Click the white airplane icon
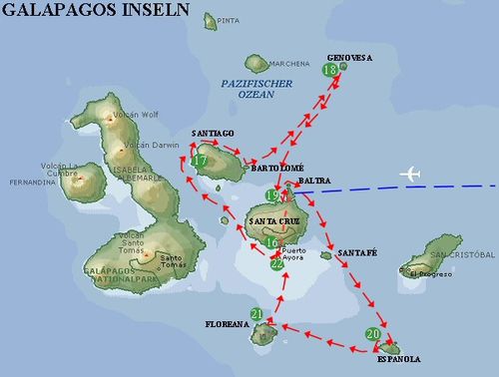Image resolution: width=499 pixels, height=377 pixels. click(x=410, y=175)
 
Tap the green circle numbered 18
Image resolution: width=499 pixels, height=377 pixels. click(x=330, y=71)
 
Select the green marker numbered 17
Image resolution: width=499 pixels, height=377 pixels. click(x=200, y=160)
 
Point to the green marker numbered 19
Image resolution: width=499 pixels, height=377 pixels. click(x=272, y=196)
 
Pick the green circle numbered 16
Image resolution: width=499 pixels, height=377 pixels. click(x=271, y=242)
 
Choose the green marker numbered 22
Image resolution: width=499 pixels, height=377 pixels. click(x=276, y=263)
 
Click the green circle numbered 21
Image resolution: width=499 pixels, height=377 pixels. click(x=257, y=314)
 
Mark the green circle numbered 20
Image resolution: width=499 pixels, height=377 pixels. click(x=372, y=334)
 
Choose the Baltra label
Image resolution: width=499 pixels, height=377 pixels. click(x=313, y=182)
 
